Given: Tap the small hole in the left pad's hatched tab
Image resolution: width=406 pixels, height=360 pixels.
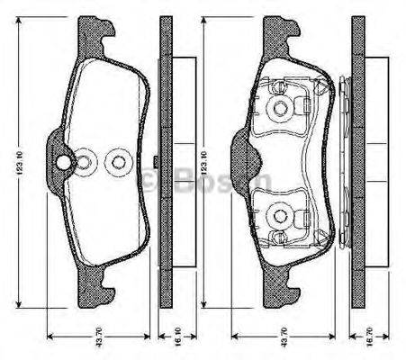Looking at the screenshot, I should [x=64, y=162].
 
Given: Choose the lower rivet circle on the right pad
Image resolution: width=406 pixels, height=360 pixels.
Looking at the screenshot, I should [x=282, y=216].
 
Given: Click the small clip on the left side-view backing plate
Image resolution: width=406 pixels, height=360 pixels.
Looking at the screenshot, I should [x=157, y=162].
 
